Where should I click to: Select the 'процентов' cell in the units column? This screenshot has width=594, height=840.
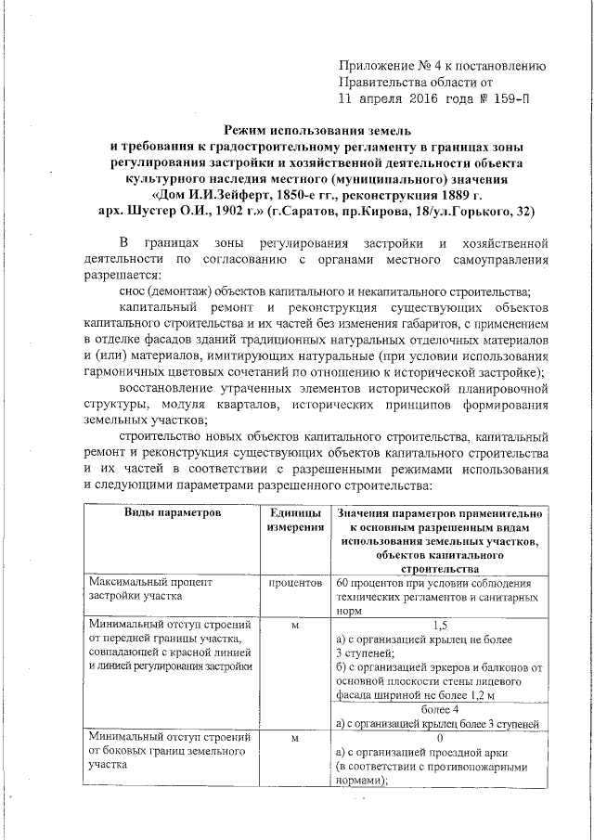click(294, 583)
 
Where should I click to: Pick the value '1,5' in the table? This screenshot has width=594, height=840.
click(439, 626)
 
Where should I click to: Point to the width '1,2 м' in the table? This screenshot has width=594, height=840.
click(478, 694)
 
